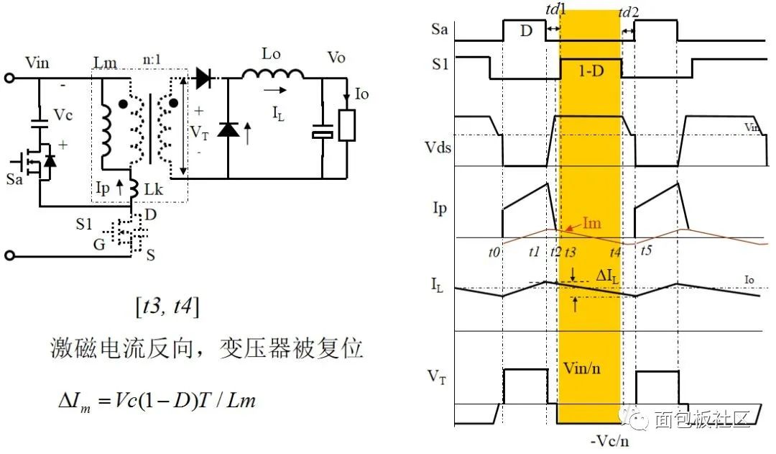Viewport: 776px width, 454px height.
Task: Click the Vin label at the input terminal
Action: click(37, 63)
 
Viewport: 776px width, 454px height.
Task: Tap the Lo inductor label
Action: click(271, 55)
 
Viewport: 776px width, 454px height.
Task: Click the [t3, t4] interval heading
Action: click(167, 307)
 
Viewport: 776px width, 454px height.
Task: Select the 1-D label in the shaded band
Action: click(591, 71)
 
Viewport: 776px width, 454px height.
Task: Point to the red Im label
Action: click(591, 224)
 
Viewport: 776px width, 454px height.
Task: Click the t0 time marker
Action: click(493, 253)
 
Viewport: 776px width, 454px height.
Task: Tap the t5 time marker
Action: click(647, 253)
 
